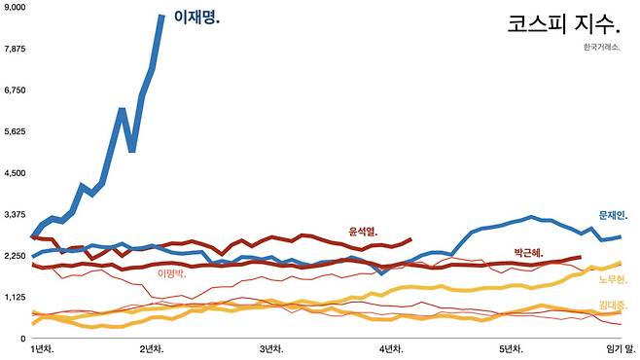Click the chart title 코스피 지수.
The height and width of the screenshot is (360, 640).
tap(564, 24)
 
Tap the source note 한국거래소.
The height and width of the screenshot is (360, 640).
tap(602, 47)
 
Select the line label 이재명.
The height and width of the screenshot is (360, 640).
tap(196, 18)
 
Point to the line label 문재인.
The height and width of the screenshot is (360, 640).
tap(613, 215)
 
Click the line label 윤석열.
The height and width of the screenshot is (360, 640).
tap(363, 232)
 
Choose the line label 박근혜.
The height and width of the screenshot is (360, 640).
tap(528, 252)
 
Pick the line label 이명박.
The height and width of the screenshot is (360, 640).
tap(172, 273)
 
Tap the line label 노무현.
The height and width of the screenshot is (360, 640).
tap(613, 279)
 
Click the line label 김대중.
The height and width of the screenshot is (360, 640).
tap(613, 305)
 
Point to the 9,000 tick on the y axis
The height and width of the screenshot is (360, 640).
tap(15, 8)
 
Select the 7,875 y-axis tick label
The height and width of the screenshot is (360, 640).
tap(15, 49)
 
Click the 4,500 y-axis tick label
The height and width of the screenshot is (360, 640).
tap(15, 173)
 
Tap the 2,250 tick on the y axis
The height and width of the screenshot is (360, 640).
tap(15, 256)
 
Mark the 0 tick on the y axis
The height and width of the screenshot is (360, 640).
tap(23, 339)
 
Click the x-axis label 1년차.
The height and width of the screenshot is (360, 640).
tap(43, 349)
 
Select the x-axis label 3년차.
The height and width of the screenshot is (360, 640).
tap(271, 349)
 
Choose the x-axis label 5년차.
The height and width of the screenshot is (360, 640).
tap(511, 349)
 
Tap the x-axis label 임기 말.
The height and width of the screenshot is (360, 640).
tap(621, 349)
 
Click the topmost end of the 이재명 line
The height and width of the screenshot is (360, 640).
tap(162, 16)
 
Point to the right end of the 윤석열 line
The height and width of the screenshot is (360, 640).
tap(410, 239)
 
